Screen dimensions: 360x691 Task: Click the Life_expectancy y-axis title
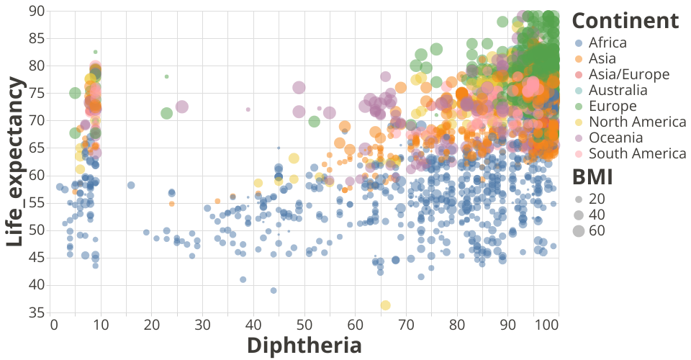(x=17, y=163)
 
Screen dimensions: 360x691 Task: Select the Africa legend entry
(x=608, y=42)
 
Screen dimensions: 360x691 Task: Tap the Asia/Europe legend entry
(x=628, y=74)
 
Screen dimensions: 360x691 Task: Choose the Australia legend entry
(x=618, y=90)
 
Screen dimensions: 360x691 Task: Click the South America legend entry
(x=637, y=153)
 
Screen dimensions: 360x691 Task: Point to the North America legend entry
(x=637, y=122)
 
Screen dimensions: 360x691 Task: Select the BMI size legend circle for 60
(x=579, y=230)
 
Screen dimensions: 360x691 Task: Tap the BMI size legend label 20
(x=597, y=199)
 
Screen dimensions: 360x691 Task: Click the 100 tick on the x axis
(x=548, y=325)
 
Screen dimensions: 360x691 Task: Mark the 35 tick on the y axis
(x=36, y=312)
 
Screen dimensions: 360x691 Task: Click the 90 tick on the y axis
(x=36, y=11)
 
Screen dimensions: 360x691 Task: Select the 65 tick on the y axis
(x=36, y=148)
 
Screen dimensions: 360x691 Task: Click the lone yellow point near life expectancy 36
(x=386, y=305)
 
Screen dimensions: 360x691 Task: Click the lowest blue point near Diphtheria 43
(x=274, y=290)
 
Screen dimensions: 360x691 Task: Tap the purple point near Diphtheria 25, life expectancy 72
(x=181, y=107)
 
